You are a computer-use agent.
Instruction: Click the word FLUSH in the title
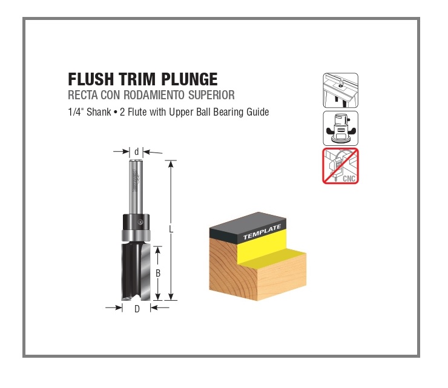coord(91,79)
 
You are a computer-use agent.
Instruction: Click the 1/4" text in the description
coord(76,112)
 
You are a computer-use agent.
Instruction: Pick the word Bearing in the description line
coord(228,112)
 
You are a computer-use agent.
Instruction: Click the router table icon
coord(340,90)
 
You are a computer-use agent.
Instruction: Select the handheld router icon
coord(340,128)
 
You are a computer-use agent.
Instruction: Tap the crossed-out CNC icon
coord(340,166)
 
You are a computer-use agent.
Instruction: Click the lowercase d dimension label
coord(137,152)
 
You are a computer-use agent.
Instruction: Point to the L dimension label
coord(171,229)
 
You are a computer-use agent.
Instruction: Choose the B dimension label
coord(158,274)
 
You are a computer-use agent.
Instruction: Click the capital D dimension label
coord(137,309)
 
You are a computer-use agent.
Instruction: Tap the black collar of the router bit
coord(136,221)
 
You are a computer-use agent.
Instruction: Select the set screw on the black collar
coord(140,222)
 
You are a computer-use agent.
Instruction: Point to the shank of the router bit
coord(136,187)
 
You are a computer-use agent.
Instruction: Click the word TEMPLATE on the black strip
coord(262,232)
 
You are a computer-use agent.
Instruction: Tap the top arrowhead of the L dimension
coord(171,164)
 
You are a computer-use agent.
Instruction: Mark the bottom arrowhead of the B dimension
coord(158,297)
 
